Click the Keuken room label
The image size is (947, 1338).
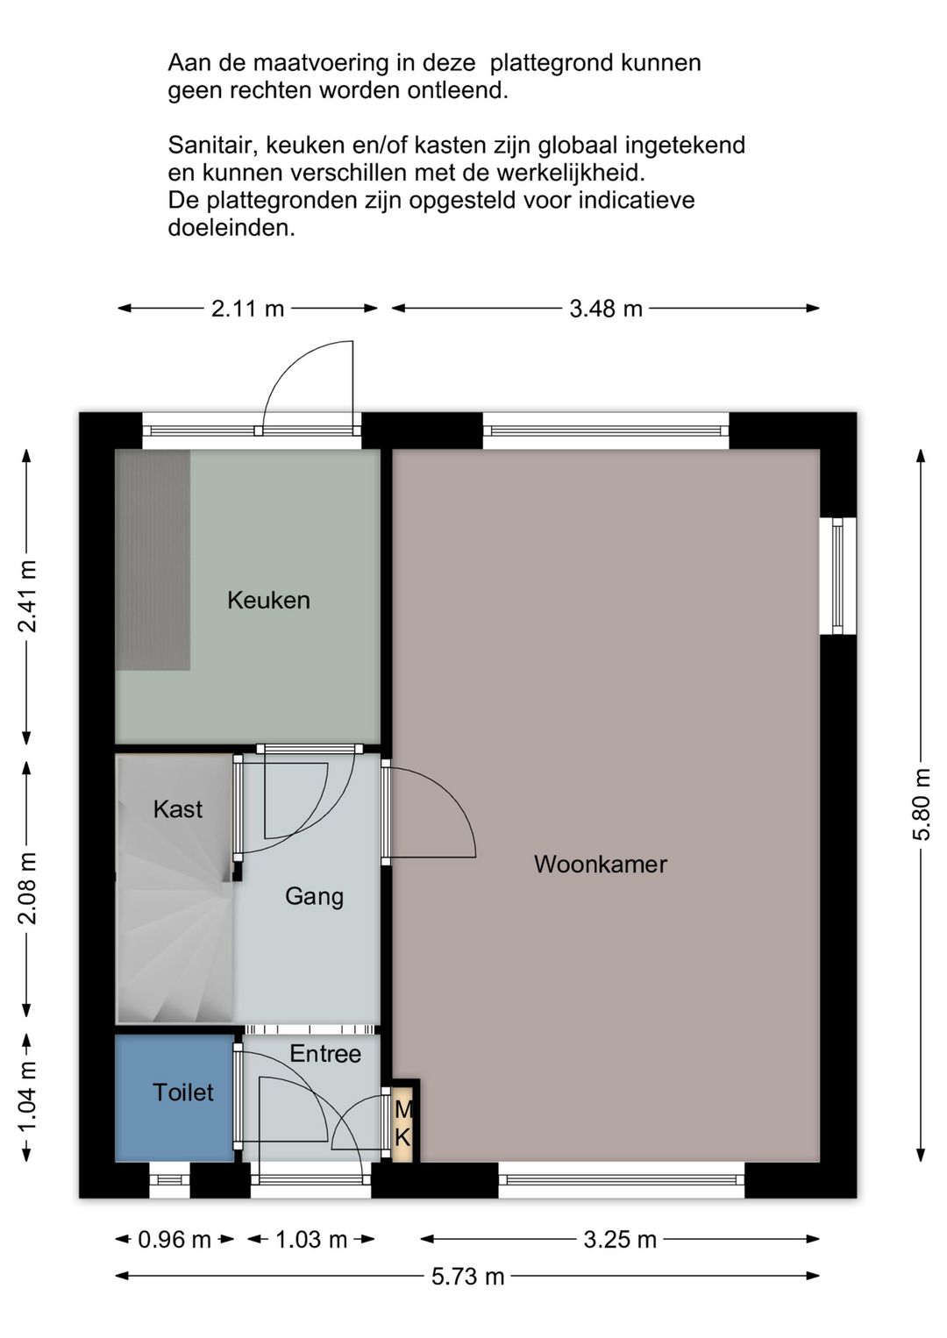click(268, 601)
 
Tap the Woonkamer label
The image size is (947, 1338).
click(601, 865)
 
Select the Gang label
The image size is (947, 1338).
click(314, 897)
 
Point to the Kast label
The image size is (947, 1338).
click(177, 809)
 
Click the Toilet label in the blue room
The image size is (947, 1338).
click(183, 1092)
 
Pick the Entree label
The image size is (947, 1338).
click(325, 1054)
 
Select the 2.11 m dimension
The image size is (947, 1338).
click(247, 309)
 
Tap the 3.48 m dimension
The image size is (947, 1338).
click(605, 309)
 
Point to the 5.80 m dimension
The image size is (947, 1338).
click(922, 806)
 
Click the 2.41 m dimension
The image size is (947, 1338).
click(27, 597)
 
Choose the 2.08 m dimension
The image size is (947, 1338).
click(27, 888)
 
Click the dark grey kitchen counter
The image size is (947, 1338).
click(153, 559)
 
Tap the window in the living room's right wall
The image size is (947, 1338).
click(837, 576)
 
